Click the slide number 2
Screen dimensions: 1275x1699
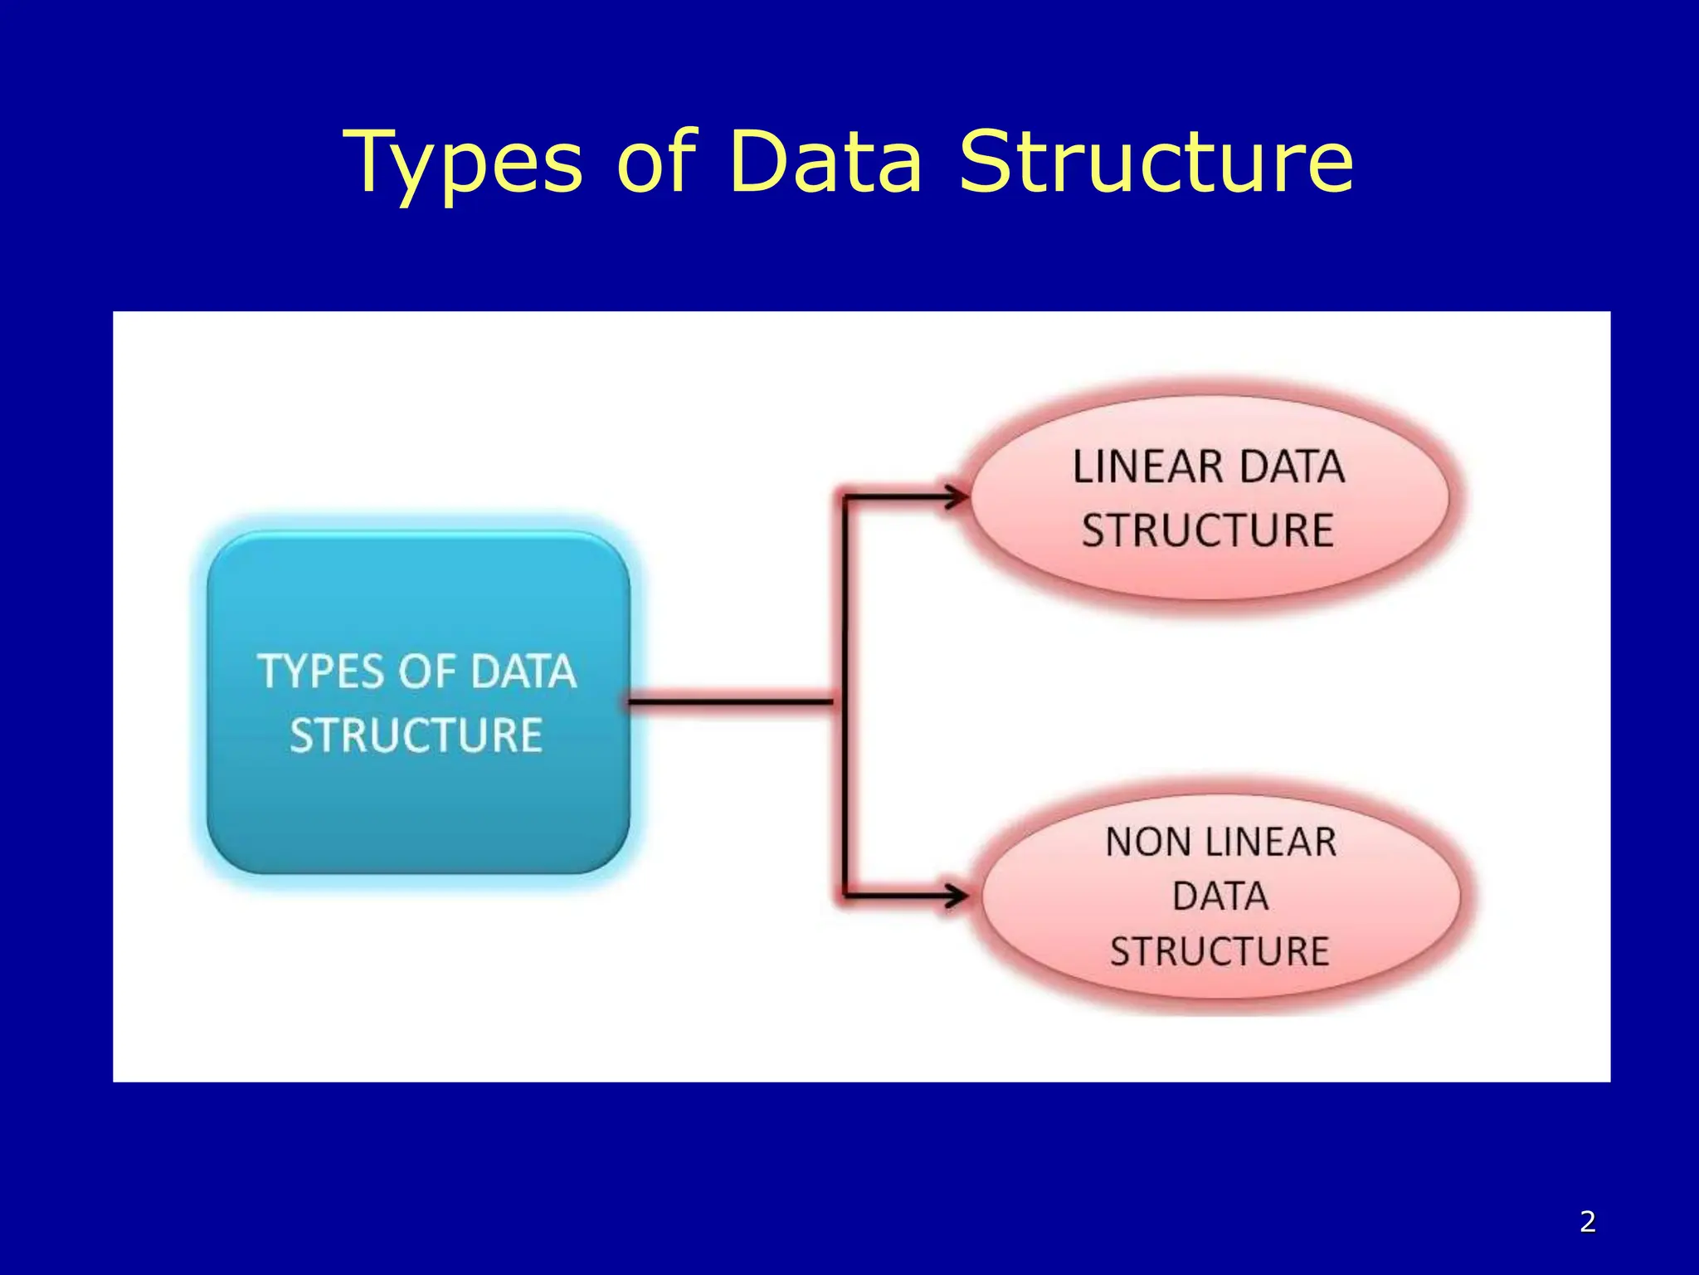coord(1587,1221)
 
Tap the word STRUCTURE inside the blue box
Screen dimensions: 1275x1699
coord(416,735)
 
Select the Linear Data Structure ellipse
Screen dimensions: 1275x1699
coord(1209,573)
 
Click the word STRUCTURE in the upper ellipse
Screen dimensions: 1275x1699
coord(1207,530)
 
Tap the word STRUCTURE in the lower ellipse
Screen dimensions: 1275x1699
coord(1219,951)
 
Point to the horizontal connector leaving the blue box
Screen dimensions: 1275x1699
coord(730,702)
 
